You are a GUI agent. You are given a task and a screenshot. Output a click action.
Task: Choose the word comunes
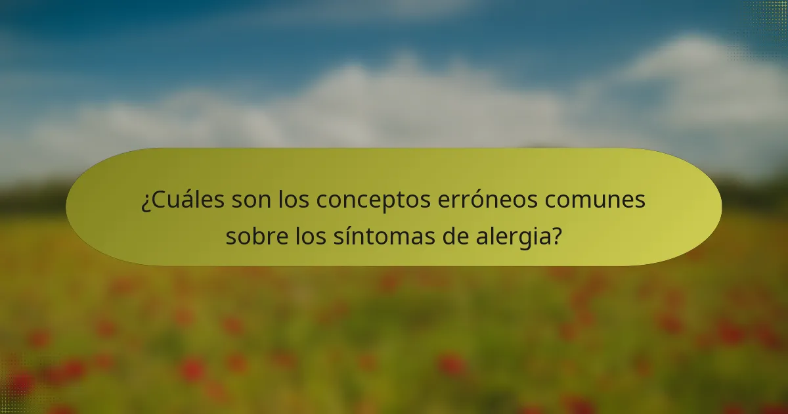(600, 200)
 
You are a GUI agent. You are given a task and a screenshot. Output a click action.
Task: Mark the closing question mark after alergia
(557, 235)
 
